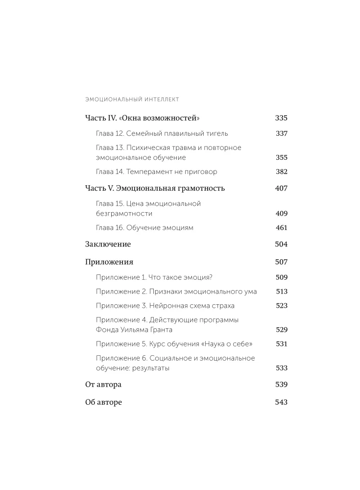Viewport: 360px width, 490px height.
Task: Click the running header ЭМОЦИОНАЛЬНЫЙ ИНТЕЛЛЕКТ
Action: point(132,99)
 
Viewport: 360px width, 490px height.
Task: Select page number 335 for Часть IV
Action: point(281,118)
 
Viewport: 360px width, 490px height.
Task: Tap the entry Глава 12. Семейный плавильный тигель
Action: point(162,133)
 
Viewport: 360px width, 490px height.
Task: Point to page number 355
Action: point(281,158)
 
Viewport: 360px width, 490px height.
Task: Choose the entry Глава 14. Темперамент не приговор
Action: point(156,172)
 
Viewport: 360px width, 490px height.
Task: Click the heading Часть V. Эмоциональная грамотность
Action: point(155,188)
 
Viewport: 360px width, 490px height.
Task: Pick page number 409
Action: point(281,214)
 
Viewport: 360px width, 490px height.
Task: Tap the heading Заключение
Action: point(108,244)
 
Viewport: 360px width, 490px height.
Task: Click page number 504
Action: point(281,244)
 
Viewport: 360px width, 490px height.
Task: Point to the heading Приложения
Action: point(109,262)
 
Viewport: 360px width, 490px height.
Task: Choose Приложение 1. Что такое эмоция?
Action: point(154,277)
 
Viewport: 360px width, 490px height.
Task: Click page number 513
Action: point(281,292)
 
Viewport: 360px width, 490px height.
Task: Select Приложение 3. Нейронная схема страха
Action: point(165,306)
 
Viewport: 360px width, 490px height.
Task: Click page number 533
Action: point(281,368)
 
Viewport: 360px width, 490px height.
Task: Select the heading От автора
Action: point(103,385)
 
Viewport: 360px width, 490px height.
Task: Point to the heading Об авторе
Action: point(103,402)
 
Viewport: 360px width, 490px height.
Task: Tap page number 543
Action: point(281,402)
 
